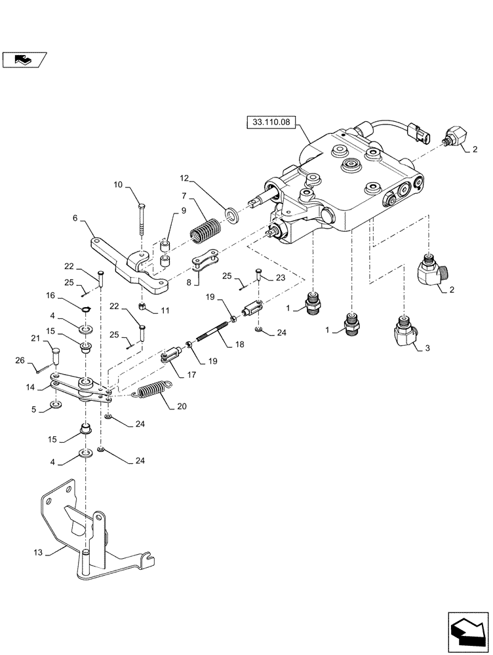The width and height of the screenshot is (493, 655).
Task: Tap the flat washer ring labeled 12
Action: coord(231,214)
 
